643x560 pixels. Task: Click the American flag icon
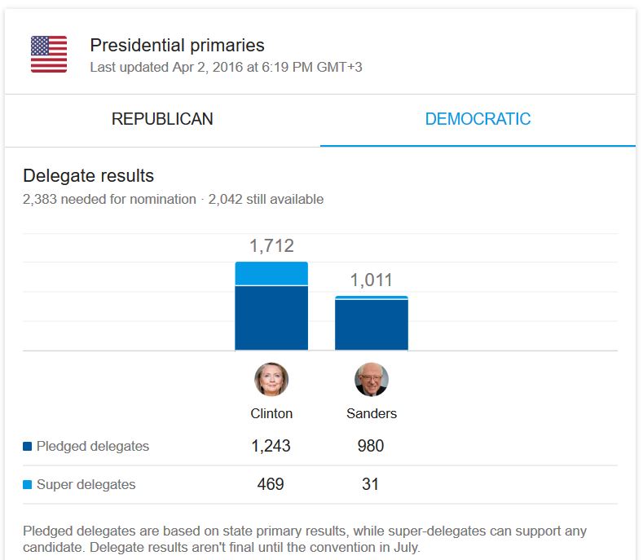49,55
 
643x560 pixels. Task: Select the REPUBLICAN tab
162,119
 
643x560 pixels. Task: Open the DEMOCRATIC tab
478,119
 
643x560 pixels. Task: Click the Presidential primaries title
177,46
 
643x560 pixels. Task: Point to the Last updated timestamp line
226,68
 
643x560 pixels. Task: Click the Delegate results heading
88,175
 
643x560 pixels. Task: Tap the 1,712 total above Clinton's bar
271,246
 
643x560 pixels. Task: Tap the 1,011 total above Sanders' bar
372,280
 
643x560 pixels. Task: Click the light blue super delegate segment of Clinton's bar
271,274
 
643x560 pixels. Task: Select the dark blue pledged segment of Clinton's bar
271,318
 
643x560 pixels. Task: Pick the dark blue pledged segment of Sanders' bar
372,325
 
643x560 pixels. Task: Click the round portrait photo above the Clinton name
271,380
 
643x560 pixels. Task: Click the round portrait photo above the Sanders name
372,380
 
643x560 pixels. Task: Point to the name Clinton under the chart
271,413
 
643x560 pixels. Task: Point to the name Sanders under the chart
372,413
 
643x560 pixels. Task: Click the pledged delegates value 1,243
271,446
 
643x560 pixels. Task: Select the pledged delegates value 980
370,446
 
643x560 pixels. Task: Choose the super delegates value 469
271,484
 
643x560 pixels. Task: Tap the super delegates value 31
370,484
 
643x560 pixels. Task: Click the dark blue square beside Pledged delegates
28,447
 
